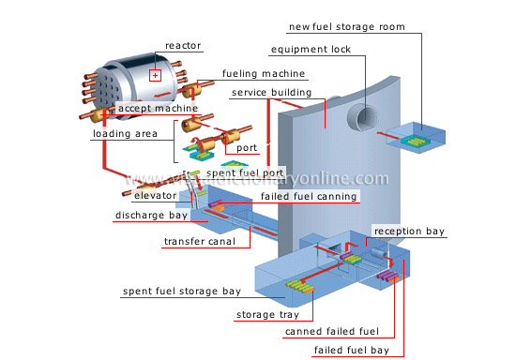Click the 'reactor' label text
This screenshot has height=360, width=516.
coord(183,45)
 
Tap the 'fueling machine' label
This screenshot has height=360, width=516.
coord(256,73)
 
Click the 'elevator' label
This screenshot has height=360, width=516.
coord(155,197)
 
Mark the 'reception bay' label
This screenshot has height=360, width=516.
coord(409,231)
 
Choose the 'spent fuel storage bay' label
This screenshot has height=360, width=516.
coord(182,292)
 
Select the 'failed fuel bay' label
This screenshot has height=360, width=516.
coord(351,349)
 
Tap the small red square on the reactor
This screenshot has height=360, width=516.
coord(157,75)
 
